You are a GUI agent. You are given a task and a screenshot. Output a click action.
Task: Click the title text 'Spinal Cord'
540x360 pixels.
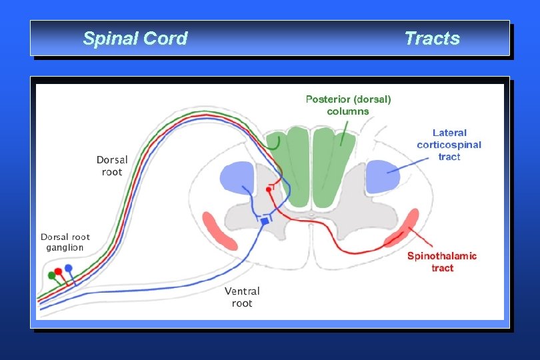click(x=135, y=39)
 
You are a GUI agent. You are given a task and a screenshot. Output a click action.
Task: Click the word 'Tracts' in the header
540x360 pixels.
click(x=432, y=39)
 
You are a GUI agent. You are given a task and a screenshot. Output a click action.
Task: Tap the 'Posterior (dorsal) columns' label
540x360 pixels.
click(x=348, y=105)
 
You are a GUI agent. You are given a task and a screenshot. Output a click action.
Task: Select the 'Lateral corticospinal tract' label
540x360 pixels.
click(x=449, y=145)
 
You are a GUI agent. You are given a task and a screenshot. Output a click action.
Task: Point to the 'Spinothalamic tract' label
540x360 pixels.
click(x=442, y=261)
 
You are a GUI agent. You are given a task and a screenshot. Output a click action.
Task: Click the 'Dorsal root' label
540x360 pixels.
click(x=112, y=166)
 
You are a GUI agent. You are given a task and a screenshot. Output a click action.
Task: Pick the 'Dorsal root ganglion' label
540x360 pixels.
click(x=65, y=242)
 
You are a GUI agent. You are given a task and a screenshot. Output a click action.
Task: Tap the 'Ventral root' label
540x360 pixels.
click(x=242, y=297)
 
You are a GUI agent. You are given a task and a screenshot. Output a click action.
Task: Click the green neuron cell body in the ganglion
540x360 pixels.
click(x=52, y=275)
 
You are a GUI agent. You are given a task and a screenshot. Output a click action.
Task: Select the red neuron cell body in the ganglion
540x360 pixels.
click(x=59, y=271)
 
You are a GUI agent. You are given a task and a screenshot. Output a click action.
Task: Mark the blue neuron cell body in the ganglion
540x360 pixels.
click(x=68, y=268)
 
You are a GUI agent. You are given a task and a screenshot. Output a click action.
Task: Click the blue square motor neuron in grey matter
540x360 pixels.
click(x=264, y=221)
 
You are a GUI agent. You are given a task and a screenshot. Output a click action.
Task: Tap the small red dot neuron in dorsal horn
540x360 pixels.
click(x=269, y=189)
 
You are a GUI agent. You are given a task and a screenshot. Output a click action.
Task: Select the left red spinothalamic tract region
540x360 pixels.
click(x=219, y=231)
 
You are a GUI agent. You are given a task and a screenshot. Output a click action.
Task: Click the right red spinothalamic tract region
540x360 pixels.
click(x=401, y=228)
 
